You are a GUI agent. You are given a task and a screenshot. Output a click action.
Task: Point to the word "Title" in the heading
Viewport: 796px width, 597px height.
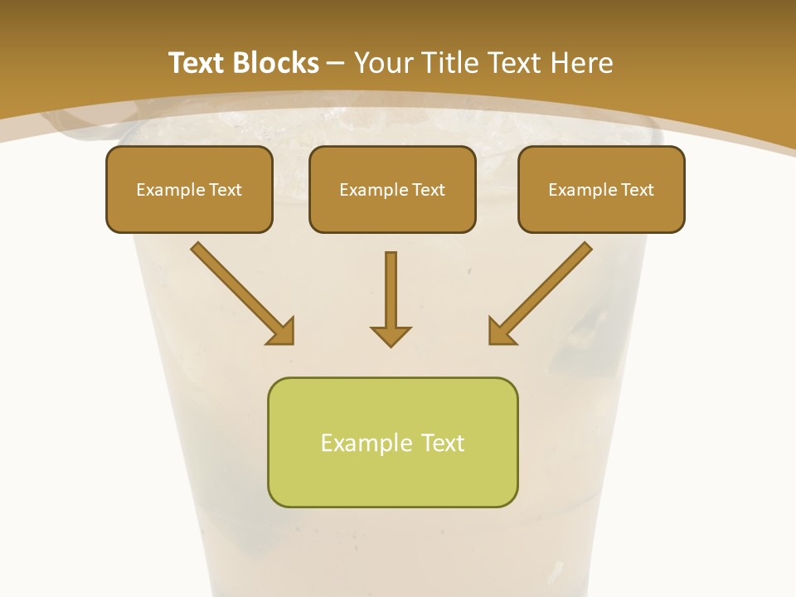(451, 63)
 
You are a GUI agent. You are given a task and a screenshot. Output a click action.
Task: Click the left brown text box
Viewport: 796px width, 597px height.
(189, 189)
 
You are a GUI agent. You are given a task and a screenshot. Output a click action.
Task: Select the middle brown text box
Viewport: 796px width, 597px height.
(392, 189)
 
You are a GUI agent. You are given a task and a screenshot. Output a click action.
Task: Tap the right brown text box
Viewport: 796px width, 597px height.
(601, 189)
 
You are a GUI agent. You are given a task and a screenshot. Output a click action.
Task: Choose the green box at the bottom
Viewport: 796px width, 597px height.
(392, 442)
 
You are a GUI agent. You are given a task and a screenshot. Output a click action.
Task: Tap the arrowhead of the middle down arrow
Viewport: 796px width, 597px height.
(391, 336)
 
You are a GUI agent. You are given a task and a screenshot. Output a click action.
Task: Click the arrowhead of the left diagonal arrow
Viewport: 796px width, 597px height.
(282, 332)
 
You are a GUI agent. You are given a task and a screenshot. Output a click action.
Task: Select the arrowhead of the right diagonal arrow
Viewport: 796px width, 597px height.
(500, 332)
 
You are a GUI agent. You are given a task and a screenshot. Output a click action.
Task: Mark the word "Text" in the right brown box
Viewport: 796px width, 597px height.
(638, 190)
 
